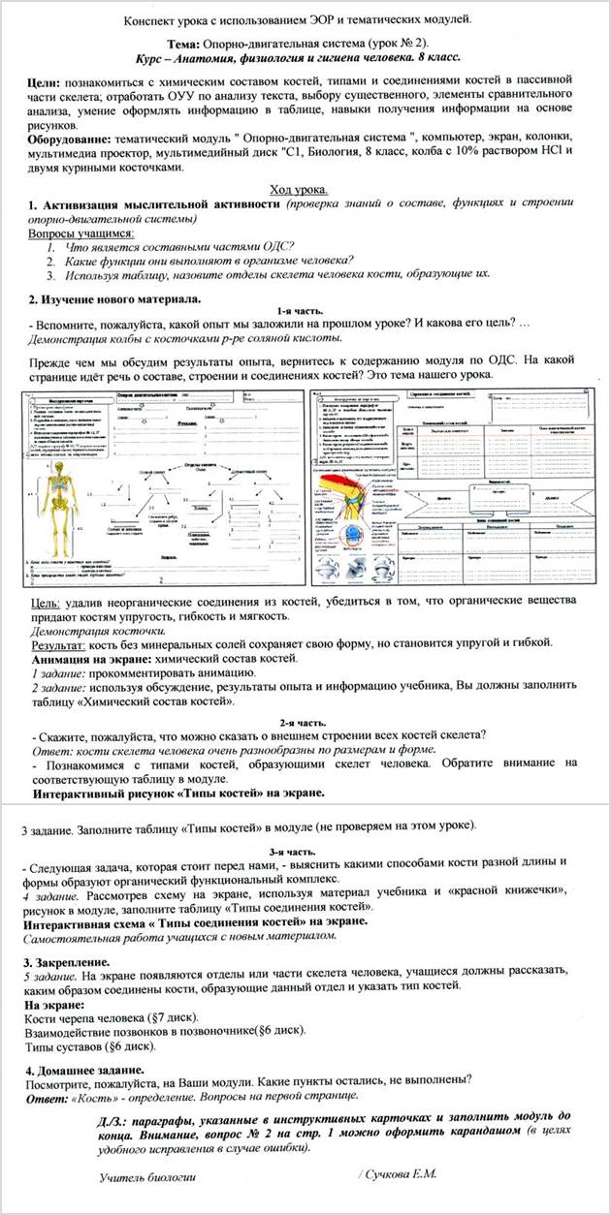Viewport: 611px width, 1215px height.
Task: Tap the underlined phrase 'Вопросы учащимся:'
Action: point(80,233)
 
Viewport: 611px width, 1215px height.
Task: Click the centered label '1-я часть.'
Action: point(305,309)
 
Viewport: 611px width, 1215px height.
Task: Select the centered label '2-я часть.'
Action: point(305,722)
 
